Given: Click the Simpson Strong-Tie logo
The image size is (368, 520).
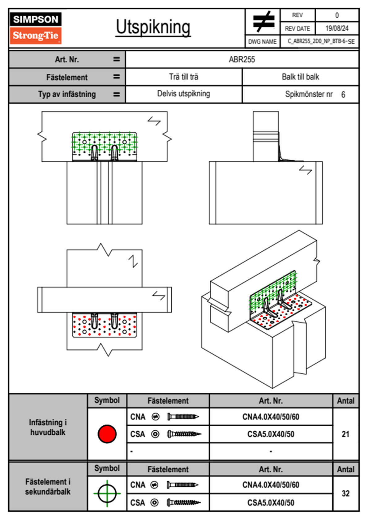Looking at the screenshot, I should click(x=36, y=28).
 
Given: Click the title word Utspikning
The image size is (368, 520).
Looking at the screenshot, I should click(x=153, y=27).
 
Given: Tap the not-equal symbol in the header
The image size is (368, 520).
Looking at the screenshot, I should click(x=263, y=22).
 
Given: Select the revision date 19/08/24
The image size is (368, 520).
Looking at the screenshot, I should click(x=337, y=28).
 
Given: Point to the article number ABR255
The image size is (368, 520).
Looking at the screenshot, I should click(x=242, y=60).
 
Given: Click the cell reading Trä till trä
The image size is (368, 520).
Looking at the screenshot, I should click(x=184, y=77).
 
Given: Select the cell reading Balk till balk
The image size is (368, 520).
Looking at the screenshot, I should click(x=300, y=77).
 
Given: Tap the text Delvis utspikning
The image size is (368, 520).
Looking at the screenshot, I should click(x=184, y=94).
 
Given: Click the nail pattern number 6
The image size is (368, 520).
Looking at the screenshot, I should click(x=343, y=95).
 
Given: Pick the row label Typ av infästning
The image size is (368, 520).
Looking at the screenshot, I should click(x=67, y=94).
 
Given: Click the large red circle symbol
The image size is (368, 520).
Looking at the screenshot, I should click(x=107, y=434).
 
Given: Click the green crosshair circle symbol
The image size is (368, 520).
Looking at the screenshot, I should click(x=107, y=493).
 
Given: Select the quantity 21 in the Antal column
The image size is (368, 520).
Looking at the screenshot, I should click(x=345, y=434).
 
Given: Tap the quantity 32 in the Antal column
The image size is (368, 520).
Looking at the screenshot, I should click(x=345, y=493).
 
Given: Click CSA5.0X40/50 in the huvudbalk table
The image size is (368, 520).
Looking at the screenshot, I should click(x=271, y=434).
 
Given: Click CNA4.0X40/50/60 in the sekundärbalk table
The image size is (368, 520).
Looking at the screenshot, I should click(x=271, y=485).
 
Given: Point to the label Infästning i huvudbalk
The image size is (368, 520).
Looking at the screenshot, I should click(x=48, y=427).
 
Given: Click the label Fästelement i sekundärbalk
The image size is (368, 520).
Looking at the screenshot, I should click(x=48, y=487).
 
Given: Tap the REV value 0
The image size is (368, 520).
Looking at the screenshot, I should click(x=337, y=15).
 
